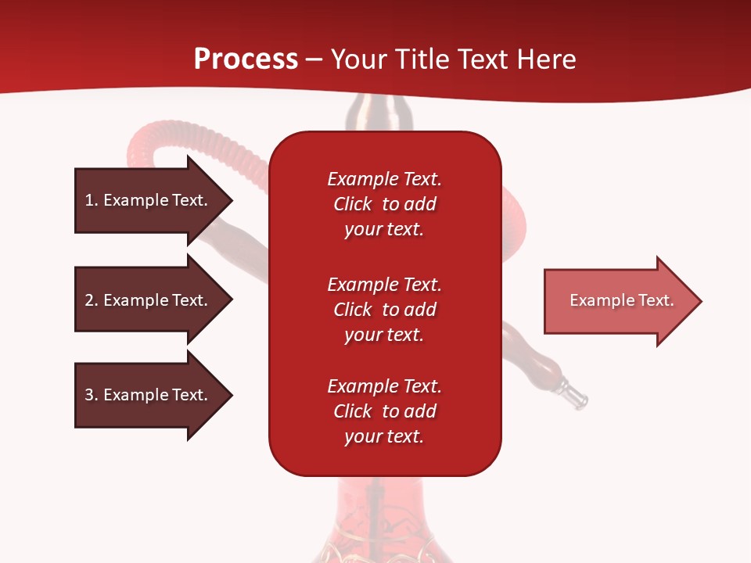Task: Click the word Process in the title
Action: click(246, 59)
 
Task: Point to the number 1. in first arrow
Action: click(92, 200)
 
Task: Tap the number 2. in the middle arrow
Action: click(92, 300)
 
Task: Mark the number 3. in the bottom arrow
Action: click(92, 395)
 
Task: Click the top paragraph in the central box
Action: click(384, 204)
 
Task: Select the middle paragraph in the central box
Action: click(384, 310)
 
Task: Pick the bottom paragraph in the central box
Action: click(384, 411)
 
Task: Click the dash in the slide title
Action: click(314, 60)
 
